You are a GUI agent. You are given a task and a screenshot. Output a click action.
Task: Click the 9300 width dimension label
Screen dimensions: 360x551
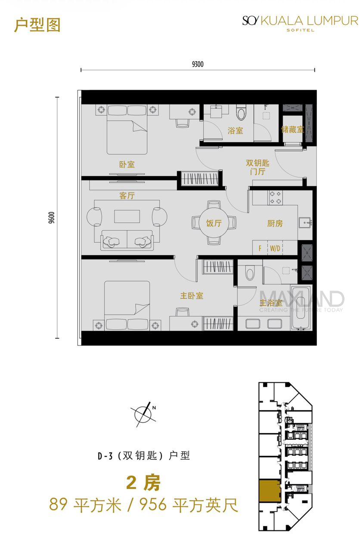click(198, 65)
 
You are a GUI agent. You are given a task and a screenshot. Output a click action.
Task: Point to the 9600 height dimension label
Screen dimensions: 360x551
click(51, 217)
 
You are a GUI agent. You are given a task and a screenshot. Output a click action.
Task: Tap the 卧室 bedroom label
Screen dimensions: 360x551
click(127, 164)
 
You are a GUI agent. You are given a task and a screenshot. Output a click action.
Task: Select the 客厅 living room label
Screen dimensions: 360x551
click(127, 195)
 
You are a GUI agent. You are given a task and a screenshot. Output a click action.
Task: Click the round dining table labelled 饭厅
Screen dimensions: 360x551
click(214, 223)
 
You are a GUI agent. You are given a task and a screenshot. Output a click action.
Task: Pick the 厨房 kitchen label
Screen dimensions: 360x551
click(275, 223)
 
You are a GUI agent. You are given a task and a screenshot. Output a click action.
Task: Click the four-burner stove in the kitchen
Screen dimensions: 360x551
click(275, 198)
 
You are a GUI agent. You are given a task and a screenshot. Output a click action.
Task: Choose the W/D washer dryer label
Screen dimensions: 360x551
click(275, 248)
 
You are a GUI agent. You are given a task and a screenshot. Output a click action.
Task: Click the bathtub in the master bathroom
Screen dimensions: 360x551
click(301, 308)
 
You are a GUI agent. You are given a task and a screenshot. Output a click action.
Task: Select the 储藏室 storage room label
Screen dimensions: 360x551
click(292, 130)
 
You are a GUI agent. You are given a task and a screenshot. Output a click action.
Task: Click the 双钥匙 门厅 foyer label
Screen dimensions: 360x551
click(258, 167)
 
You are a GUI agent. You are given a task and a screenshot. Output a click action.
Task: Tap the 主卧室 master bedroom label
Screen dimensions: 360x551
click(192, 296)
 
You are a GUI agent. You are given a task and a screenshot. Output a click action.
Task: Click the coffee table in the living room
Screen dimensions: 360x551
click(127, 217)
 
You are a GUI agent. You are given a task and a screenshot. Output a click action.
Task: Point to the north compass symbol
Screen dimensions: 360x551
click(143, 415)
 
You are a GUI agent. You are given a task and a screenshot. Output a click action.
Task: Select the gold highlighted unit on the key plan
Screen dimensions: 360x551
click(270, 491)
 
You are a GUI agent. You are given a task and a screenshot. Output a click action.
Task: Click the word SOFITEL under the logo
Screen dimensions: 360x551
click(300, 30)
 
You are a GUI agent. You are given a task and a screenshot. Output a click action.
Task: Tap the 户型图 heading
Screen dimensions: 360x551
click(37, 25)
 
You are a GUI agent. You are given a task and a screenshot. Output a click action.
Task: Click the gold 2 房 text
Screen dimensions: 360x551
click(143, 483)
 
